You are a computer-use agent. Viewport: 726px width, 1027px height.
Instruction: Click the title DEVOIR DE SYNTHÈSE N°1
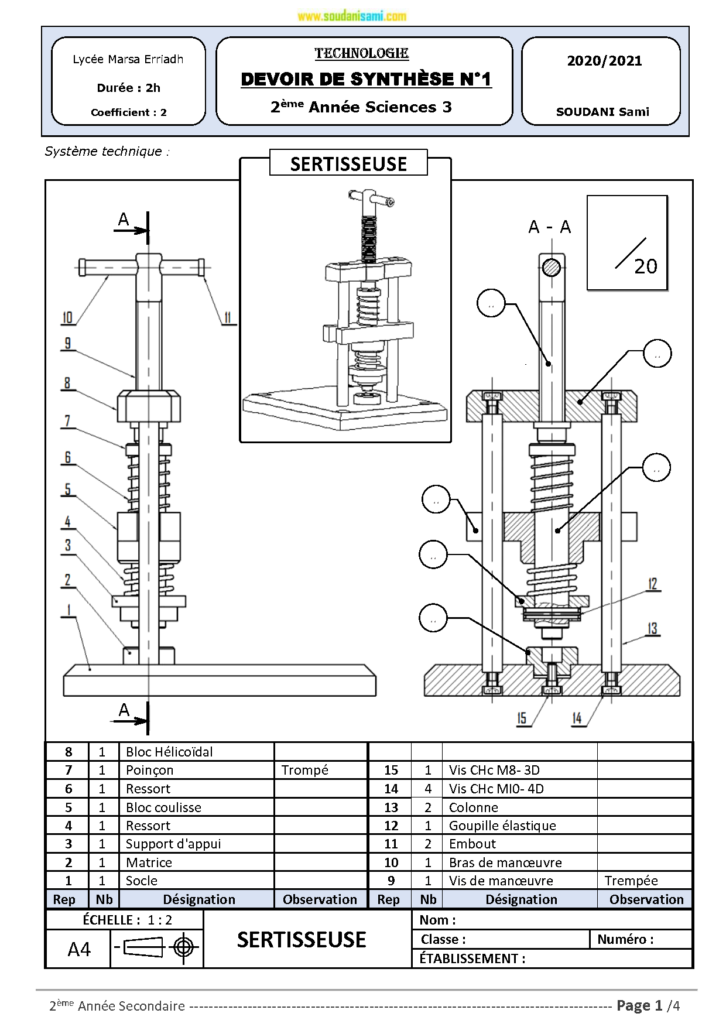[366, 79]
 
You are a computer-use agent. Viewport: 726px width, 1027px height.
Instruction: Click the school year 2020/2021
[604, 61]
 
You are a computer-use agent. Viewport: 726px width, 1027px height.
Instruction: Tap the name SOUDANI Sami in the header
[602, 112]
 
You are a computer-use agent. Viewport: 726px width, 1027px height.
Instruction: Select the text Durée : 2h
[128, 88]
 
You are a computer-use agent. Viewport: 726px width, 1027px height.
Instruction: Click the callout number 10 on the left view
[67, 318]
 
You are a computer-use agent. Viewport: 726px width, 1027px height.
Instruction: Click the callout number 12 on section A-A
[653, 584]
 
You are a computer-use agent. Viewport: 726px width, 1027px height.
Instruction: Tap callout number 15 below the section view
[522, 718]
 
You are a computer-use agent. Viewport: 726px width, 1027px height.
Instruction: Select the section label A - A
[549, 227]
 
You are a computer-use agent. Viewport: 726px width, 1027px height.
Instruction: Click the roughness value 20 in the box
[645, 266]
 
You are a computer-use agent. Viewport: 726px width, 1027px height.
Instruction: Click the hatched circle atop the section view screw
[551, 268]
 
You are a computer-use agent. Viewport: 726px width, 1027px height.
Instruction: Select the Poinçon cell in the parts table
[150, 770]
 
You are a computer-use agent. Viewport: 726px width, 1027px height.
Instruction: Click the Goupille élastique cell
[502, 826]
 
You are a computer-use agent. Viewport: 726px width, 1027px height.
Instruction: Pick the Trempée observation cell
[631, 881]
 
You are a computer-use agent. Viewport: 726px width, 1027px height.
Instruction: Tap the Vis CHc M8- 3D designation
[494, 770]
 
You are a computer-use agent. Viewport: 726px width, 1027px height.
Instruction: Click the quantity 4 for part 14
[428, 789]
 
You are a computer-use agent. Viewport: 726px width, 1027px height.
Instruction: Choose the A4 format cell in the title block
[79, 949]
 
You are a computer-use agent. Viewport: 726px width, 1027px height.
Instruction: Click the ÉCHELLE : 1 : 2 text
[127, 920]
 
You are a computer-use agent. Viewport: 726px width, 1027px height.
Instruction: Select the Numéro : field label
[625, 939]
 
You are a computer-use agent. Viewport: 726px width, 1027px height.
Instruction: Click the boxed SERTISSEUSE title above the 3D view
[348, 164]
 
